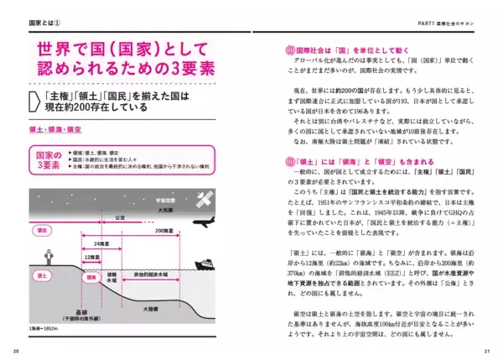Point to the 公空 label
coord(120,215)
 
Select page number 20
coord(17,351)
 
